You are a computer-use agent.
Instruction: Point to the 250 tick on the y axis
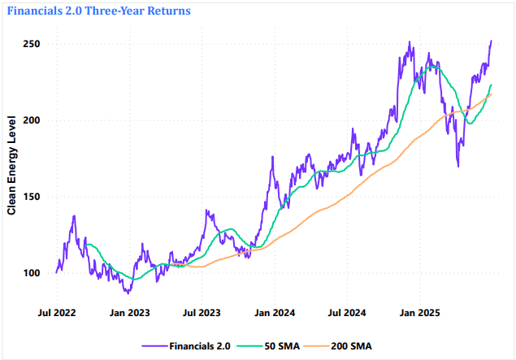tap(30, 43)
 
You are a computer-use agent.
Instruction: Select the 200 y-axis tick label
tap(30, 120)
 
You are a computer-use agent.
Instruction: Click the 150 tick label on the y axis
tap(30, 197)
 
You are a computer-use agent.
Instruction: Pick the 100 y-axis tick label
tap(30, 273)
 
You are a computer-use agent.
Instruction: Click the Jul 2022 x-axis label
tap(59, 312)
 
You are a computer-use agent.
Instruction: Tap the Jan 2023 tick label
tap(129, 312)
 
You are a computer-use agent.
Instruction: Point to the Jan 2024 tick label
tap(272, 312)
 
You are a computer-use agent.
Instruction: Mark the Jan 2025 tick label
tap(417, 312)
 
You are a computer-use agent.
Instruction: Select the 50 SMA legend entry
tap(281, 346)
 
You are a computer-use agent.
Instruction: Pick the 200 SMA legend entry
tap(350, 346)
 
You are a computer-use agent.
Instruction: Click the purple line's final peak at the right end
tap(491, 41)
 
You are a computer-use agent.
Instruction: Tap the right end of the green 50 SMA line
tap(491, 85)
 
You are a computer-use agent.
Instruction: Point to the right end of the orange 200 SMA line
tap(491, 94)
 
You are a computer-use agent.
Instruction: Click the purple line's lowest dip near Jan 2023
tap(127, 293)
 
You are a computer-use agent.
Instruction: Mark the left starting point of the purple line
tap(56, 272)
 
